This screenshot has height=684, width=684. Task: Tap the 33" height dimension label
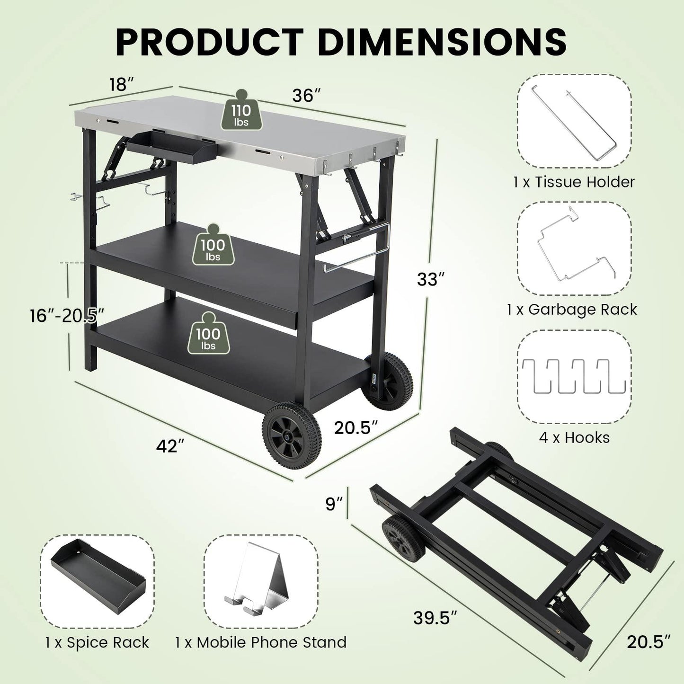[x=430, y=279]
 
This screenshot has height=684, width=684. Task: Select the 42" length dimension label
[x=170, y=445]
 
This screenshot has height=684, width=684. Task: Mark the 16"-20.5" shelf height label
[x=67, y=315]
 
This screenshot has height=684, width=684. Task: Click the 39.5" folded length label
[x=435, y=618]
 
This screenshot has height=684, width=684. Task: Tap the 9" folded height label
[x=334, y=504]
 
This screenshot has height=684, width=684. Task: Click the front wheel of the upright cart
[x=291, y=435]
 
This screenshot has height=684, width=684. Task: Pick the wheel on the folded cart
[x=403, y=539]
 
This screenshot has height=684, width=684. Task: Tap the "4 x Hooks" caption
[x=574, y=437]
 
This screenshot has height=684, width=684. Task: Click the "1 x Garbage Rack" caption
[x=572, y=310]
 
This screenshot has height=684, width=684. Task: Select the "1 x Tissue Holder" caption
[x=574, y=182]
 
